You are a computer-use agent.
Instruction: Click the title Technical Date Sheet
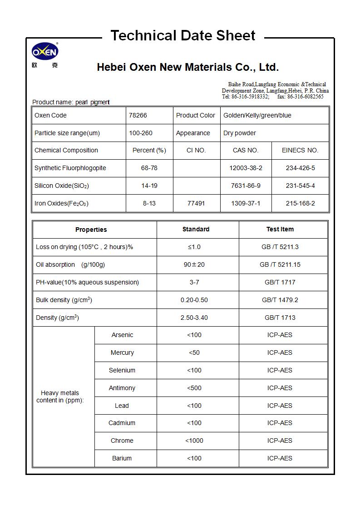(x=183, y=35)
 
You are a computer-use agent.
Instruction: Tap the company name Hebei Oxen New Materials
(x=187, y=68)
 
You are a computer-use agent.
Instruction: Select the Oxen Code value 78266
(x=138, y=115)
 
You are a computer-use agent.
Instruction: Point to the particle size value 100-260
(x=141, y=133)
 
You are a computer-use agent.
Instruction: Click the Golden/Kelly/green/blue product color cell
(x=257, y=115)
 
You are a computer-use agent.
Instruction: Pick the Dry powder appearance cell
(x=240, y=133)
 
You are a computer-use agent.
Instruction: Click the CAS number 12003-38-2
(x=246, y=168)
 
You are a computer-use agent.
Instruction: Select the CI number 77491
(x=196, y=203)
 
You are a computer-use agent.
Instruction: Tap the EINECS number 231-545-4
(x=300, y=186)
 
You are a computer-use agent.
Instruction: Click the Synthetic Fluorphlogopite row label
(x=70, y=168)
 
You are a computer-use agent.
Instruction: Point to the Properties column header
(x=91, y=230)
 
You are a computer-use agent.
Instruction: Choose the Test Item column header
(x=280, y=229)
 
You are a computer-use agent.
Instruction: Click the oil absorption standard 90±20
(x=194, y=264)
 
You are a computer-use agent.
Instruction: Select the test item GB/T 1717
(x=280, y=282)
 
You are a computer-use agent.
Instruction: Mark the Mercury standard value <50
(x=194, y=352)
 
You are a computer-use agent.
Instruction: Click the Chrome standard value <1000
(x=194, y=440)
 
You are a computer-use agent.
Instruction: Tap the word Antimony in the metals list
(x=122, y=388)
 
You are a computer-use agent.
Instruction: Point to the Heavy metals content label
(x=60, y=396)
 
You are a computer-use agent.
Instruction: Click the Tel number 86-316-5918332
(x=250, y=97)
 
